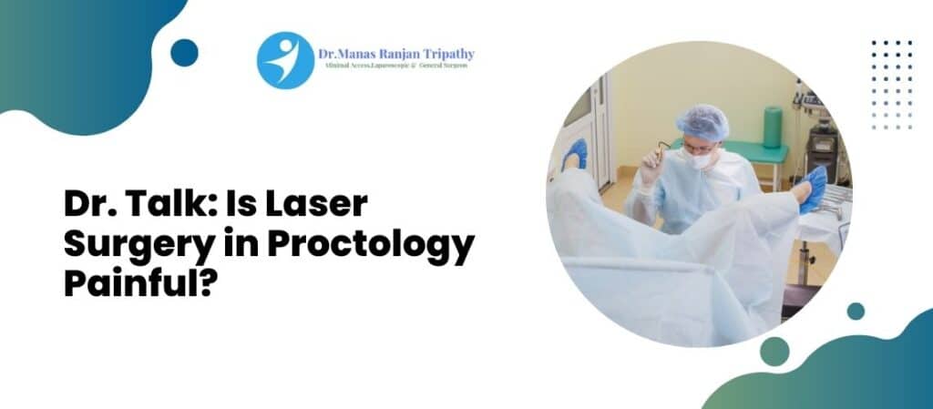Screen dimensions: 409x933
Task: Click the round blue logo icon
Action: [285, 60]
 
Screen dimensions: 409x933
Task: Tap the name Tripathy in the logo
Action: [446, 54]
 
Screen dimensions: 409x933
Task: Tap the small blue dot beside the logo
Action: [184, 53]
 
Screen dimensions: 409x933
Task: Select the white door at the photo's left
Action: [599, 137]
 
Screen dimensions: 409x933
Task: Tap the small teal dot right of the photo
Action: [855, 311]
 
